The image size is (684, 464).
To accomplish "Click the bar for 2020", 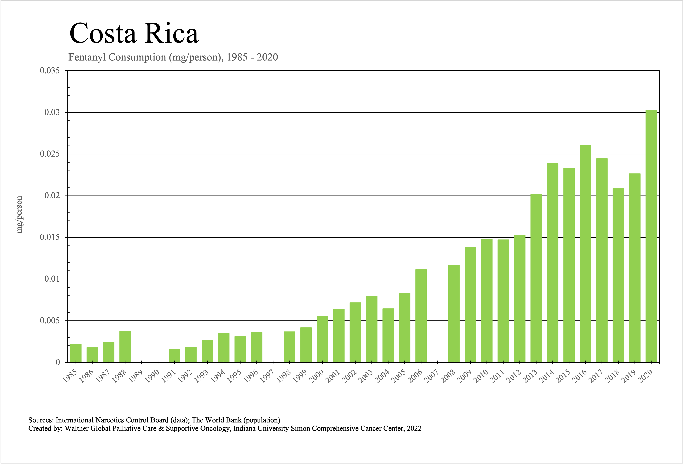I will (x=651, y=236).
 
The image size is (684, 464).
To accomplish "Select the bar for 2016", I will (x=585, y=253).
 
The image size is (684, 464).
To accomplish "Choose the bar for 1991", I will (x=175, y=356).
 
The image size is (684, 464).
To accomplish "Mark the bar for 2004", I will (x=388, y=335).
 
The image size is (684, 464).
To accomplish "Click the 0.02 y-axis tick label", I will (x=52, y=196).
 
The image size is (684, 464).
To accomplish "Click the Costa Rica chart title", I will (x=134, y=33).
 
